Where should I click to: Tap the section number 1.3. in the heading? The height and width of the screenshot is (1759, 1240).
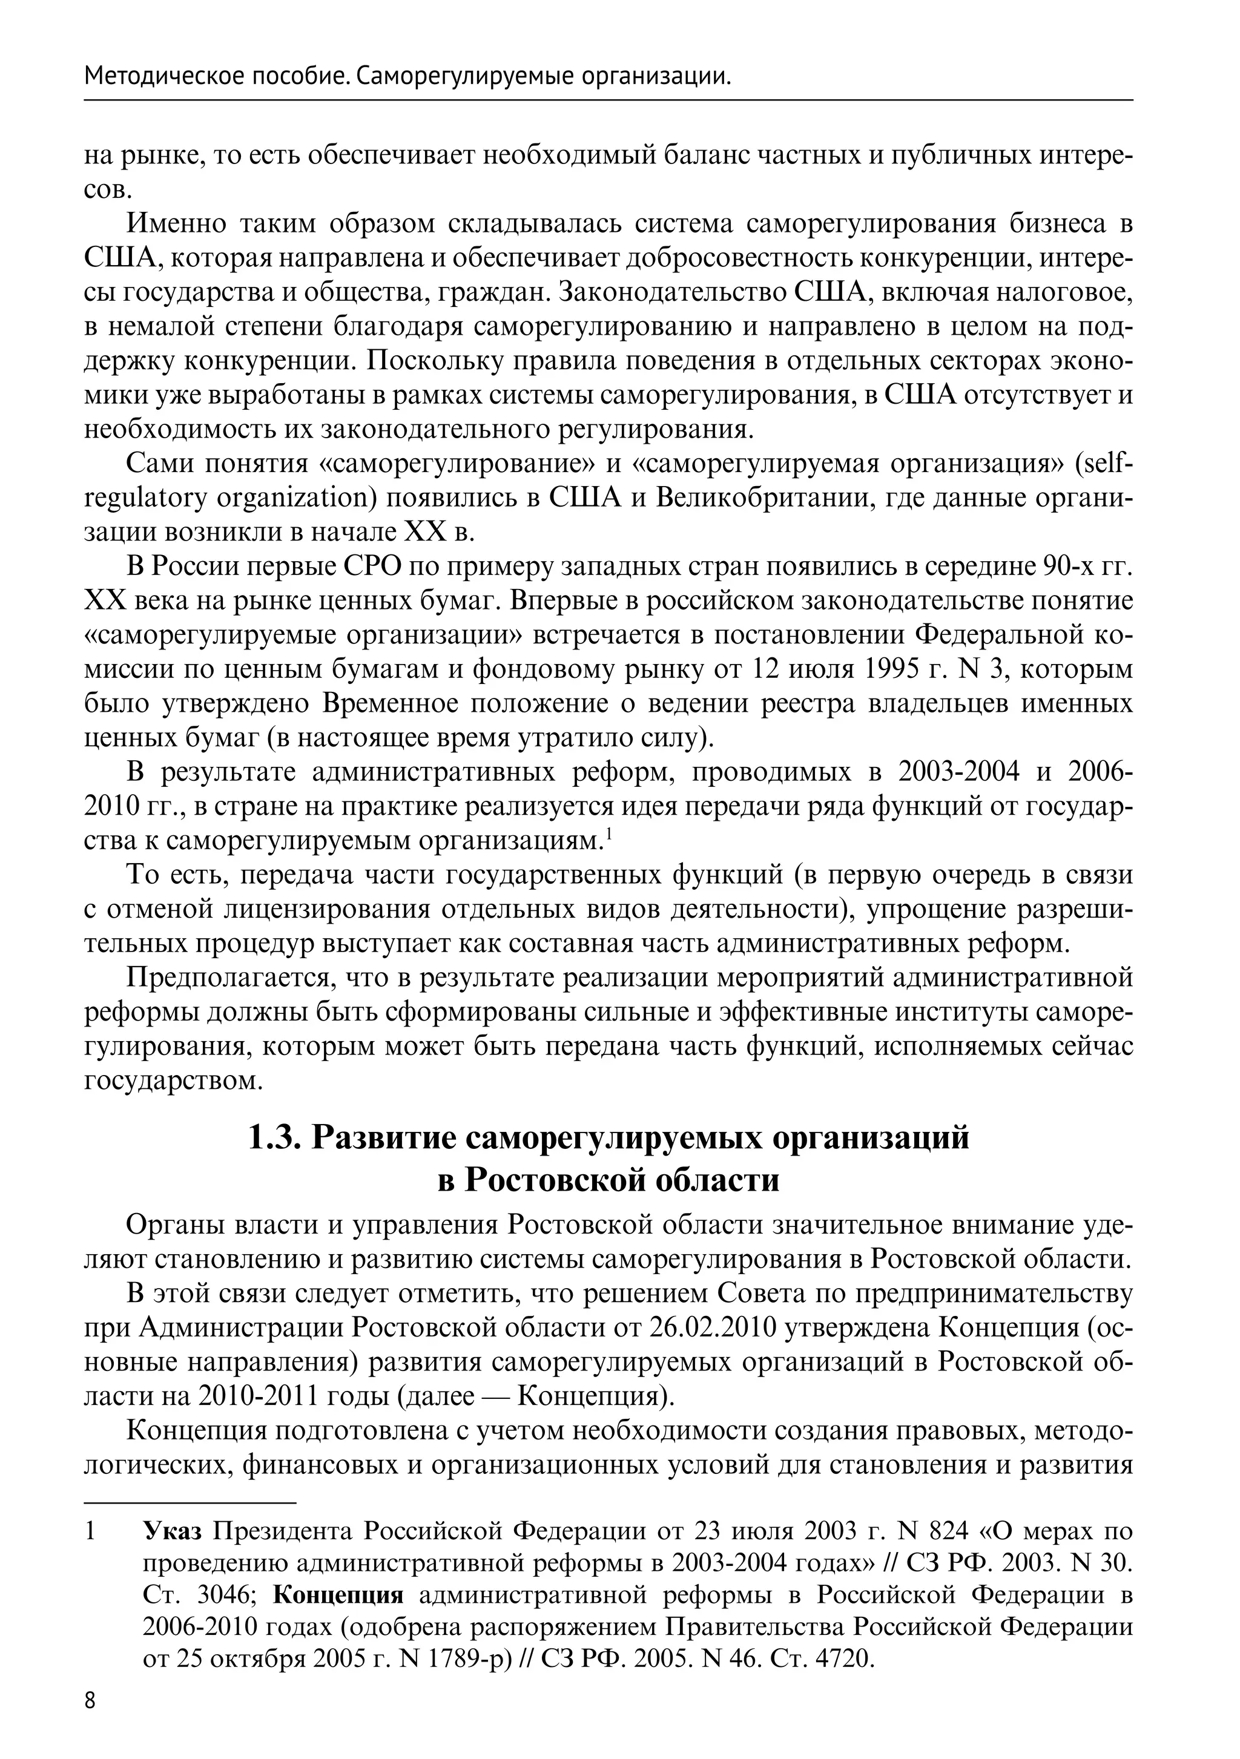click(x=278, y=1138)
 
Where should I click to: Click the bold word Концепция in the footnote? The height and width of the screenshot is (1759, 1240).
click(x=338, y=1595)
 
